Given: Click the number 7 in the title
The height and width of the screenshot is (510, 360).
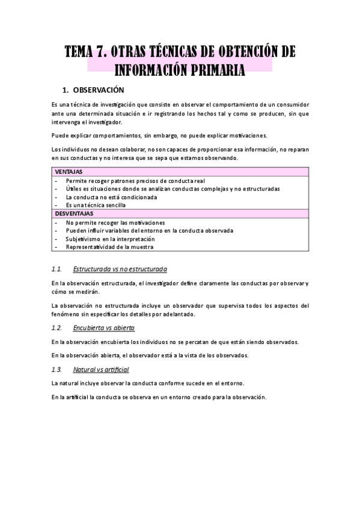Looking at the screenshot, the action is [111, 51].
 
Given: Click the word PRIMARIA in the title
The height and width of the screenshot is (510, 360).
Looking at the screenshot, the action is [212, 70].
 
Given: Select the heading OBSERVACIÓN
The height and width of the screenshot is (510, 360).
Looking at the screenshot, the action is [98, 90].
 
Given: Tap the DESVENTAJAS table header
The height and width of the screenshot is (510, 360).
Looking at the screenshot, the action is [75, 214].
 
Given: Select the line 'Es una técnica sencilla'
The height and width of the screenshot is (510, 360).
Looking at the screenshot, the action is [96, 205].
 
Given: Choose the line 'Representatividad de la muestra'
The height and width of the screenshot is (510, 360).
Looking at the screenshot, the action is [109, 247].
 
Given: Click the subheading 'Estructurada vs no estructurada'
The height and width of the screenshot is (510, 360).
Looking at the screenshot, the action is [120, 268].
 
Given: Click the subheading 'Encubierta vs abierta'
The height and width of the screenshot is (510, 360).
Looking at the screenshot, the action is [103, 328].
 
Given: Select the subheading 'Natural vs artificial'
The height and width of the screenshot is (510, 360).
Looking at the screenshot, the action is [100, 369].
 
